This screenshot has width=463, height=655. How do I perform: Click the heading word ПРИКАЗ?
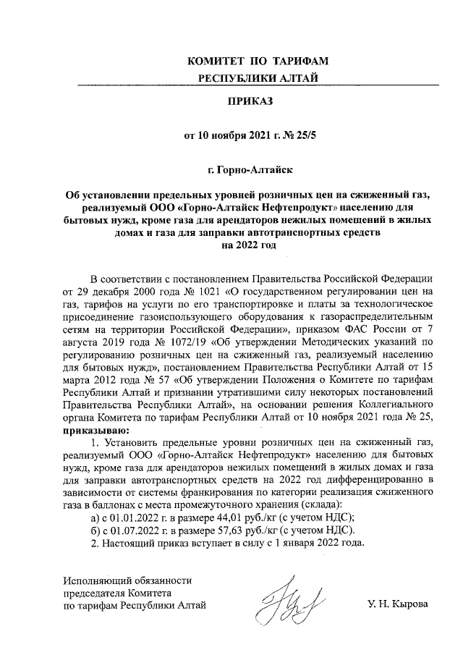click(x=248, y=101)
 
